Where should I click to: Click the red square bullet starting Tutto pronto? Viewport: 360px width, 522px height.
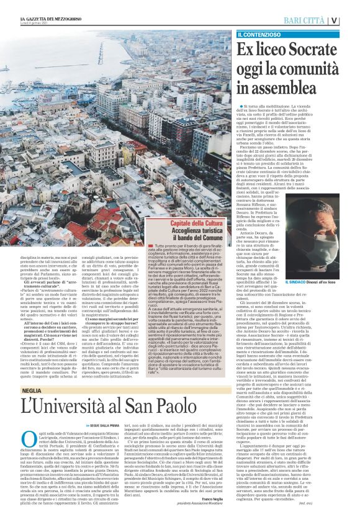click(x=143, y=246)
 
